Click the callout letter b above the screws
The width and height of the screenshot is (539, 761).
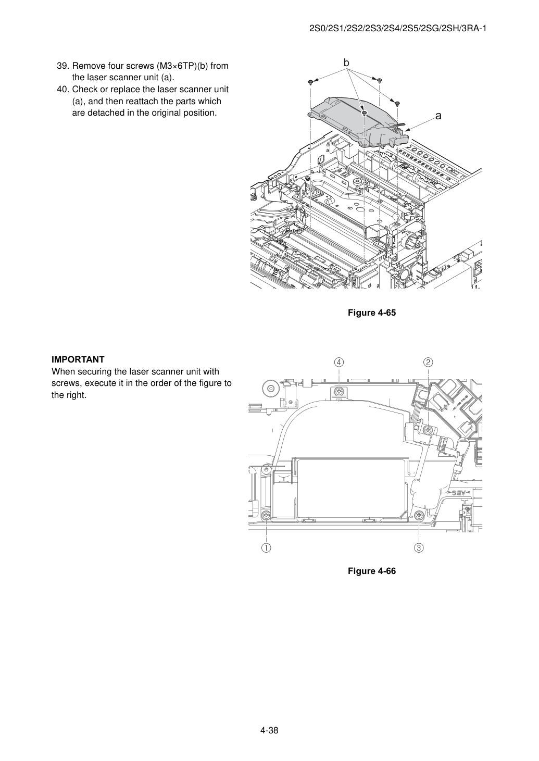pos(346,63)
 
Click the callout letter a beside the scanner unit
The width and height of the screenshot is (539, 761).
pos(438,116)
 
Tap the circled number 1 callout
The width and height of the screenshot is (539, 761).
pos(266,547)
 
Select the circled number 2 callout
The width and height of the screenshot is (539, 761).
pos(428,362)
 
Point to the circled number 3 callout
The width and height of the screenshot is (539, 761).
pos(419,547)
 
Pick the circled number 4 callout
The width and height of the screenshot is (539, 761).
pos(339,362)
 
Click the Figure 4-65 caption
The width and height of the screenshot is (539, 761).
pos(372,313)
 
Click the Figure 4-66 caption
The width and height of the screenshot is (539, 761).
pos(372,571)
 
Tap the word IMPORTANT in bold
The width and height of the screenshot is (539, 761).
pos(78,359)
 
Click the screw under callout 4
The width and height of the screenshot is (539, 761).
pos(339,392)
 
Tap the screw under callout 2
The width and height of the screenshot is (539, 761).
pos(428,430)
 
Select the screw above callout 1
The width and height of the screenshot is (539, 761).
pos(266,516)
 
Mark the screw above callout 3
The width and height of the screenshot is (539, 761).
pos(419,516)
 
